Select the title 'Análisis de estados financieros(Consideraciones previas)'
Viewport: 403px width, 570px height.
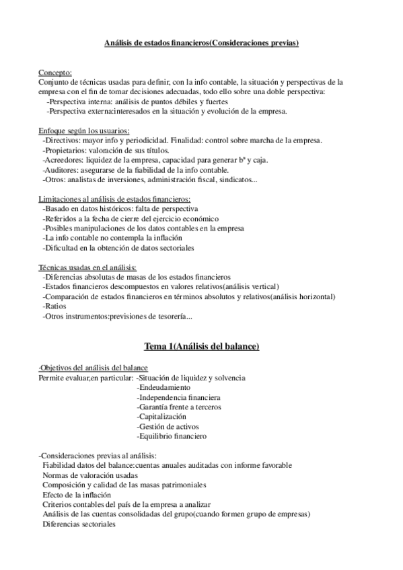tap(201, 44)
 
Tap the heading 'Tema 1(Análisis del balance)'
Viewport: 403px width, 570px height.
tap(201, 346)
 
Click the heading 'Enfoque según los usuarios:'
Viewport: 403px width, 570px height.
tap(84, 130)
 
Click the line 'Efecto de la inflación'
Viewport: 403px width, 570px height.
tap(77, 495)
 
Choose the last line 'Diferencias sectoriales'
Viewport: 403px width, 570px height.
tap(79, 524)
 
